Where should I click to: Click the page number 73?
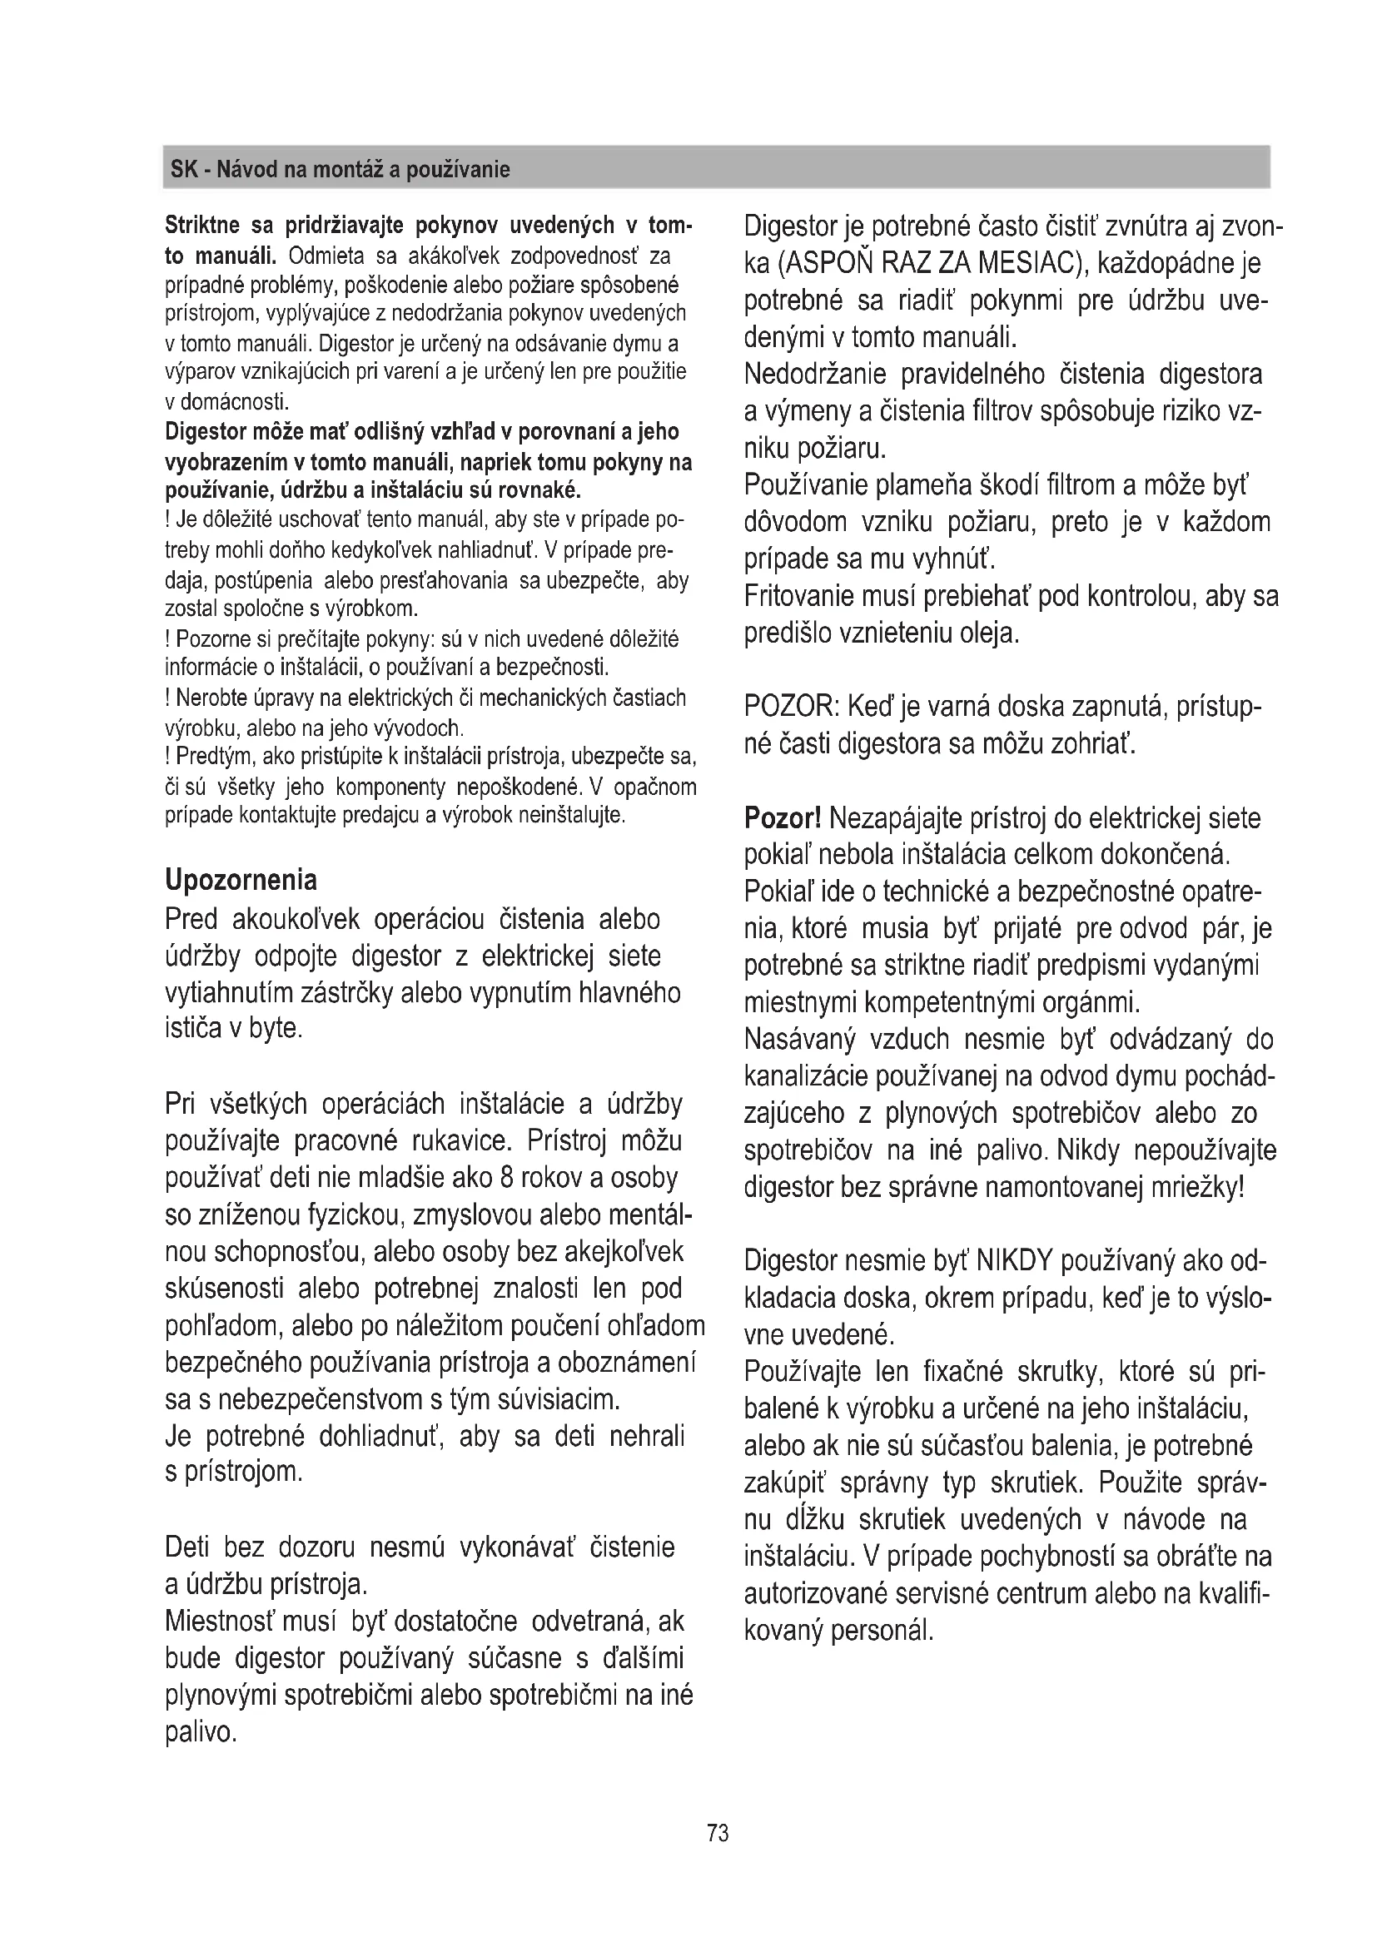[x=718, y=1833]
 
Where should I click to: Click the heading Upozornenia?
[x=241, y=879]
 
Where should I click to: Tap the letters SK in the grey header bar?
[x=184, y=170]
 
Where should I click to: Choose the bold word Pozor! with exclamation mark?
[x=783, y=818]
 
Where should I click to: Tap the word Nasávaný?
[x=799, y=1039]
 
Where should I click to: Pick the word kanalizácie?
[x=803, y=1076]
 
